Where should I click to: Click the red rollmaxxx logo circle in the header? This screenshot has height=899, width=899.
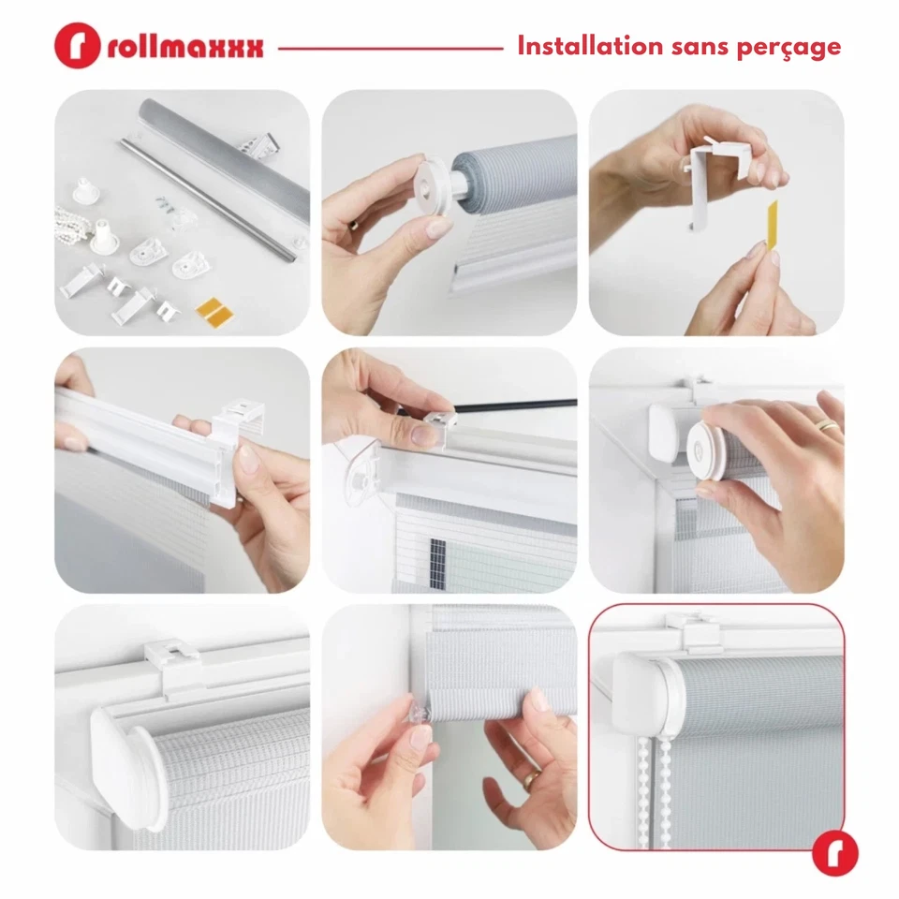77,46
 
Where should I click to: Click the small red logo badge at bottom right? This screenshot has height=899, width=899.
834,852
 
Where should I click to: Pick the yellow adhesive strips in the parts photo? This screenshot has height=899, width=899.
214,310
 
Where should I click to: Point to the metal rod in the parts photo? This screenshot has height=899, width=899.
211,192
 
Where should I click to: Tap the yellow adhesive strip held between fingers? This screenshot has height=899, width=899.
773,226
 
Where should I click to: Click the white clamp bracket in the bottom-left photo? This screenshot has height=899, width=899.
175,663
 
